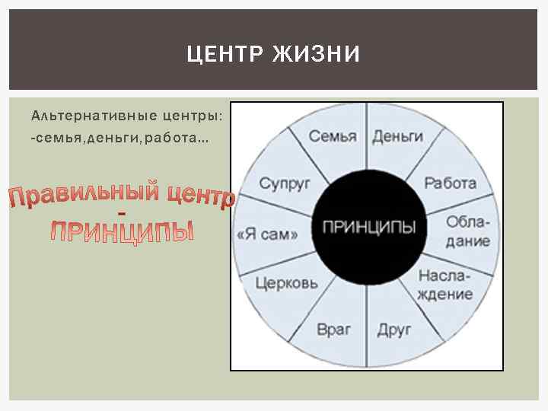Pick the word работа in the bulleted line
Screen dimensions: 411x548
(x=177, y=139)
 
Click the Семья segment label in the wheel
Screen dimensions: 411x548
(x=333, y=136)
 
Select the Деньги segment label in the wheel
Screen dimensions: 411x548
(x=397, y=136)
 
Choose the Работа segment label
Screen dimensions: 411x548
(x=450, y=183)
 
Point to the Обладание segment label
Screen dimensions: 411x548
(x=468, y=231)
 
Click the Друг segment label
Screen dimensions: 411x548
(x=393, y=329)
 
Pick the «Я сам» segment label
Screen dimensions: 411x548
(x=267, y=234)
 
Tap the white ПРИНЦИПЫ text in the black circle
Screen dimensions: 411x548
(x=369, y=228)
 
